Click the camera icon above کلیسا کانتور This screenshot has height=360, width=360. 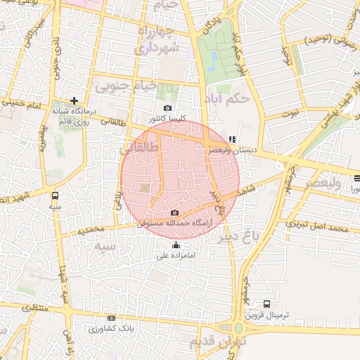[x=167, y=108]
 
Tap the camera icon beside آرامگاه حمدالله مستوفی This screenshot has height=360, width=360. [x=174, y=213]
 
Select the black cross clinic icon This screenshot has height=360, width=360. [x=75, y=101]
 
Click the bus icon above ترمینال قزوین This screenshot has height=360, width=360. [x=266, y=304]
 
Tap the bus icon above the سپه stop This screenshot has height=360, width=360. [x=56, y=197]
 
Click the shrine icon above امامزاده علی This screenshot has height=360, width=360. [x=176, y=245]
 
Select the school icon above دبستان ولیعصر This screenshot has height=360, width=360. [x=233, y=139]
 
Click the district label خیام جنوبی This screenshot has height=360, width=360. [x=117, y=86]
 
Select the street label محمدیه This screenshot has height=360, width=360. [x=91, y=230]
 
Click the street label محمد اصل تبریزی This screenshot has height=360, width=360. [x=318, y=229]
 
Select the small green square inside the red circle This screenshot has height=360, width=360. [x=145, y=187]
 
